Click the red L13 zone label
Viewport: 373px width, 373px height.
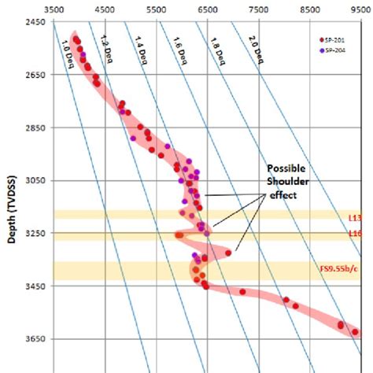coord(354,216)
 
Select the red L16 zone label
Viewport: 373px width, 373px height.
coord(354,234)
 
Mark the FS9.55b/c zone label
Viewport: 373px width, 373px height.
coord(342,269)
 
